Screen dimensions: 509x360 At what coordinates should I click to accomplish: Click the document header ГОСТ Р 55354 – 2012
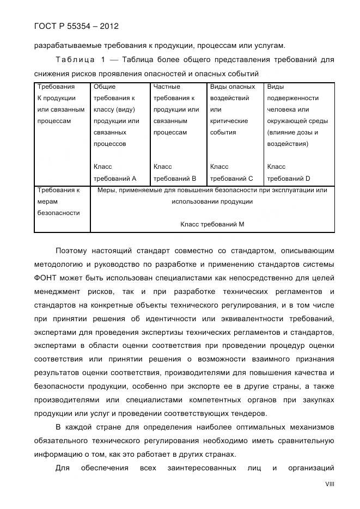click(x=76, y=26)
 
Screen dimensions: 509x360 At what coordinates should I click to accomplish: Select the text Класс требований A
click(x=115, y=173)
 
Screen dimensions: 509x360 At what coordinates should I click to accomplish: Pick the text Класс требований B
click(x=175, y=173)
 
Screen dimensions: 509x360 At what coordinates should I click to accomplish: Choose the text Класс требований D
click(x=289, y=173)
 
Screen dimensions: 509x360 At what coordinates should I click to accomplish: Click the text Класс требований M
click(x=212, y=224)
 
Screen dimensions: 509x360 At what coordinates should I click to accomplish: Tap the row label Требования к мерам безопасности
click(x=58, y=201)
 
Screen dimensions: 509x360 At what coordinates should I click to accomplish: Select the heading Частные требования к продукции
click(x=175, y=98)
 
